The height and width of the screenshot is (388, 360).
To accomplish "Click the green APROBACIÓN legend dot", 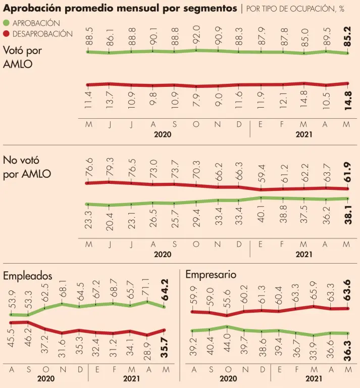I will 6,23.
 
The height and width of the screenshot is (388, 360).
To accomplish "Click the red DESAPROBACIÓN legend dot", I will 6,33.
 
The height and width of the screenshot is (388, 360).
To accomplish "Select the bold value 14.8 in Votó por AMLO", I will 348,106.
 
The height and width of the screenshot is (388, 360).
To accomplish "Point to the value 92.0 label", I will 196,35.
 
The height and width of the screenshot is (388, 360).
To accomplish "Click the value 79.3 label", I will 110,168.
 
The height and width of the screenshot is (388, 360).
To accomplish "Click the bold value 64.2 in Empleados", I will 164,290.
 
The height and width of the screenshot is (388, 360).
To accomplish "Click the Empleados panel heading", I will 28,276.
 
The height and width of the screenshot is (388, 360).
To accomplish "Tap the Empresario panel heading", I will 210,275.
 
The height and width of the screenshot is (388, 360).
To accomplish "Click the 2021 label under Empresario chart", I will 314,378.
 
